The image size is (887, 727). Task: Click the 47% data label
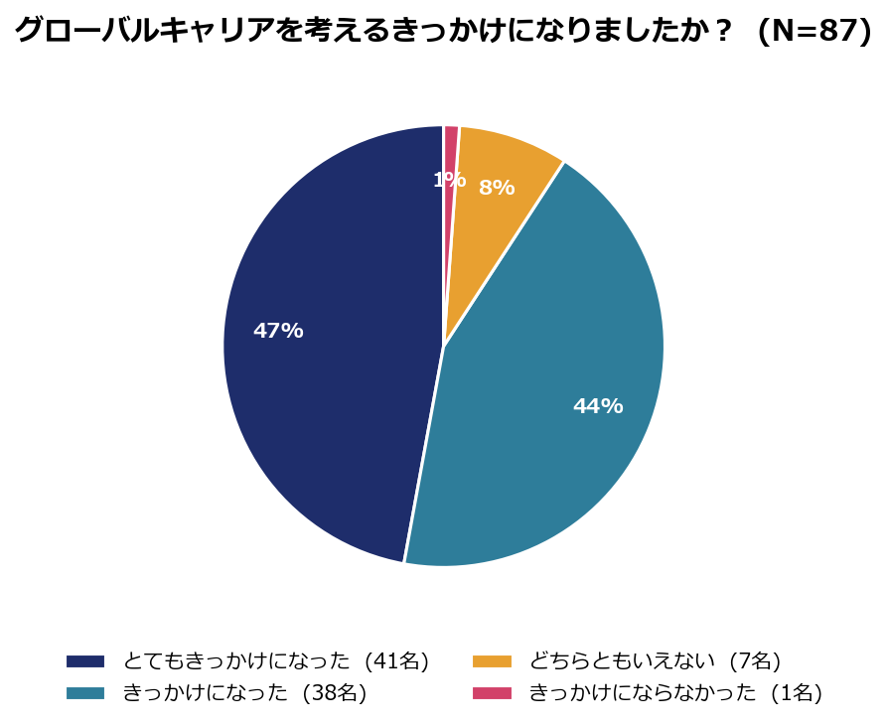(278, 331)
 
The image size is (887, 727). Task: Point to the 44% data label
(598, 406)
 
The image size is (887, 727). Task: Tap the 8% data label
(497, 188)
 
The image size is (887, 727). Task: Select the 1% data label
(450, 180)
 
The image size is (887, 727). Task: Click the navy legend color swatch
(85, 661)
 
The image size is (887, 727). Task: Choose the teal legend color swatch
(85, 693)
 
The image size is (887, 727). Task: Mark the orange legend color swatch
(492, 661)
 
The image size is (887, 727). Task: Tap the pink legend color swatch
(492, 693)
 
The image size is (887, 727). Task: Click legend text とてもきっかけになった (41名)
(276, 660)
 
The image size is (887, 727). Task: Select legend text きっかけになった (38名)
(245, 692)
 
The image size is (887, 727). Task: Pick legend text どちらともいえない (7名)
(655, 660)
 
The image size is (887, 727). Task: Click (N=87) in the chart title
(814, 30)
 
